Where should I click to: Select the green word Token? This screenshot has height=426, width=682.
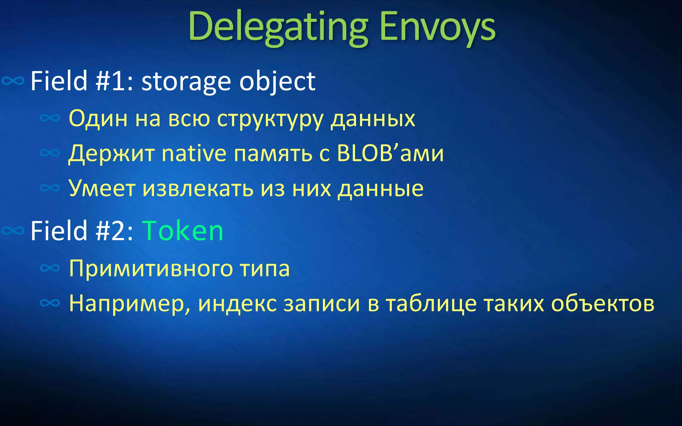(x=183, y=231)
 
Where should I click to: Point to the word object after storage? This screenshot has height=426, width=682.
(x=277, y=82)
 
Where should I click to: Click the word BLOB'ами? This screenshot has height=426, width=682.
(x=390, y=153)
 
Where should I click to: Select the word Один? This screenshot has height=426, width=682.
(x=98, y=118)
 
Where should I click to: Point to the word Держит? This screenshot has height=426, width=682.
(x=111, y=153)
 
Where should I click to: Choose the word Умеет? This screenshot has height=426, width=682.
(x=102, y=188)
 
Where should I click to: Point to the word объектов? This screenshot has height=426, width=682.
(x=603, y=304)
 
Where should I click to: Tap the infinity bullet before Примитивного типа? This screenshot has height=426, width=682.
(x=50, y=268)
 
